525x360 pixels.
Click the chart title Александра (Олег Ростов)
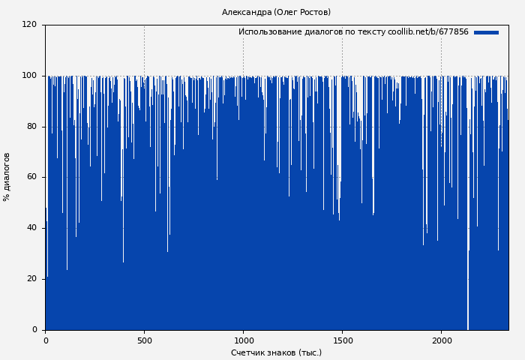pyautogui.click(x=276, y=12)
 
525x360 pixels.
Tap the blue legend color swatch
pyautogui.click(x=486, y=32)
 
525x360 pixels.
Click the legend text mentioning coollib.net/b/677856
pyautogui.click(x=353, y=32)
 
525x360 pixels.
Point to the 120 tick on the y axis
pyautogui.click(x=29, y=25)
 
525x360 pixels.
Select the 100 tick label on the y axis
pyautogui.click(x=29, y=76)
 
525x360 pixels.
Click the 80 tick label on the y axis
pyautogui.click(x=31, y=126)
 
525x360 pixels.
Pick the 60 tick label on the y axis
pyautogui.click(x=31, y=177)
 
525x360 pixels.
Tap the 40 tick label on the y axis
pyautogui.click(x=31, y=228)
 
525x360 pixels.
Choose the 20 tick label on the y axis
pyautogui.click(x=31, y=279)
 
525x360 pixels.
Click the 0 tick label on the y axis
pyautogui.click(x=34, y=330)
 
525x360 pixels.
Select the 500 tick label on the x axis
pyautogui.click(x=144, y=340)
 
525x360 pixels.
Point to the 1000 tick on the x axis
pyautogui.click(x=243, y=340)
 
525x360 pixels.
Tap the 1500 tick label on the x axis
pyautogui.click(x=342, y=340)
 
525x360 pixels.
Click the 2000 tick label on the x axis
pyautogui.click(x=441, y=340)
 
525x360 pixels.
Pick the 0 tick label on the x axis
pyautogui.click(x=46, y=340)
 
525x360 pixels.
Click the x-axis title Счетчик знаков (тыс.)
pyautogui.click(x=276, y=352)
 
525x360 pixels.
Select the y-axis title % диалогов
pyautogui.click(x=7, y=177)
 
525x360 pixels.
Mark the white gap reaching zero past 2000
pyautogui.click(x=468, y=300)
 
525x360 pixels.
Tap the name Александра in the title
pyautogui.click(x=247, y=12)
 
